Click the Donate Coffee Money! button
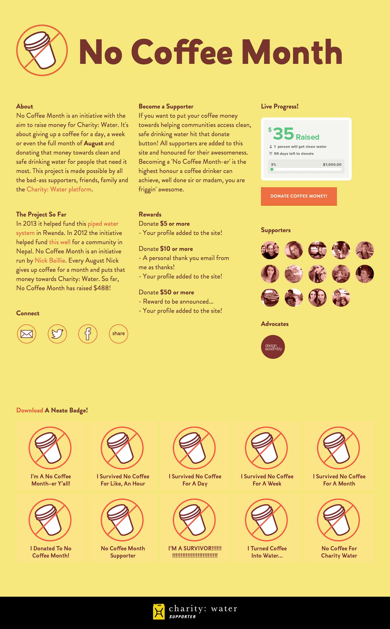click(x=299, y=196)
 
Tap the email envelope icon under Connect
click(x=27, y=334)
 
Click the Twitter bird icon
click(x=57, y=334)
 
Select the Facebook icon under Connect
click(x=88, y=334)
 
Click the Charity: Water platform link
click(x=59, y=189)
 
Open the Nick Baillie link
click(x=50, y=260)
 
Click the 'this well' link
click(x=60, y=242)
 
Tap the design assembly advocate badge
click(x=273, y=347)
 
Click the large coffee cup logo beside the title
click(x=42, y=50)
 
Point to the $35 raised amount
click(x=283, y=134)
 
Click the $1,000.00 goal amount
click(x=332, y=165)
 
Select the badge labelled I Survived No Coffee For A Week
click(x=267, y=455)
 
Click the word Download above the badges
click(x=30, y=410)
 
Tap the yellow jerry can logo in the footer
click(x=158, y=612)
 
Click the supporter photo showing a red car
click(x=270, y=298)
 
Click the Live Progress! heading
click(x=280, y=107)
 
